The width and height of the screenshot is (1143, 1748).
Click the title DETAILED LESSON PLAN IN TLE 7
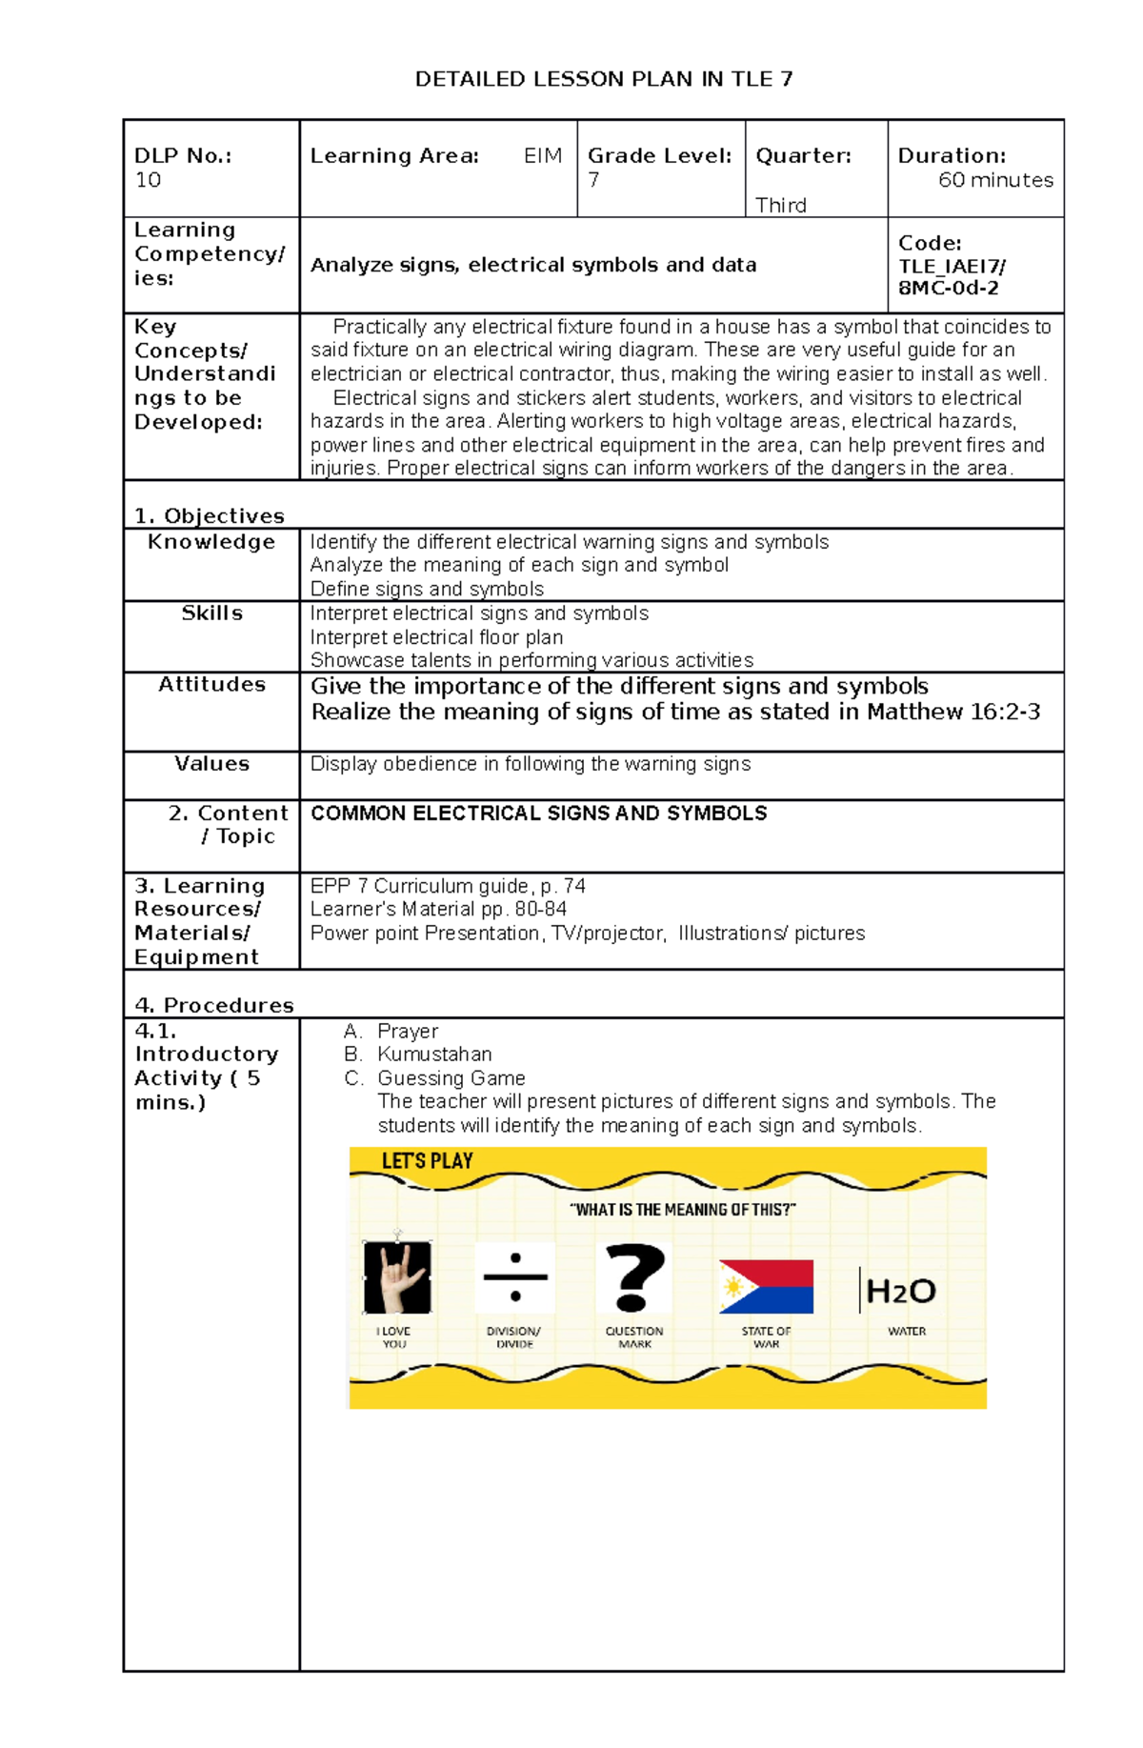point(603,79)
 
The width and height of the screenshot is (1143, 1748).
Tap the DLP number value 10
point(148,180)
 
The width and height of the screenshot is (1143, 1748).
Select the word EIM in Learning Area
point(543,155)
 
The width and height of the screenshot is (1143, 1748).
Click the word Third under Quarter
point(780,205)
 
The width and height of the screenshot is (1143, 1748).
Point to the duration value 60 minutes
point(995,180)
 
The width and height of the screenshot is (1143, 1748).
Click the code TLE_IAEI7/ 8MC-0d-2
point(951,277)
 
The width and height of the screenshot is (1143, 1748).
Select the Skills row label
point(211,613)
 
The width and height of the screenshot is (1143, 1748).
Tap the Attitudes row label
point(211,684)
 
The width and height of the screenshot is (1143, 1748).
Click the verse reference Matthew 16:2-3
point(952,712)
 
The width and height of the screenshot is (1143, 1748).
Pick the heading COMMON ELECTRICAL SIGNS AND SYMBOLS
point(538,813)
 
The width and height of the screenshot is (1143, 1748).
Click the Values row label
point(211,764)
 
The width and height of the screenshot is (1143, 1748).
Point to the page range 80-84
point(540,909)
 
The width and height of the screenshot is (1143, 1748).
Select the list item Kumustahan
point(434,1054)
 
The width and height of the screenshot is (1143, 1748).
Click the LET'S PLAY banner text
point(427,1160)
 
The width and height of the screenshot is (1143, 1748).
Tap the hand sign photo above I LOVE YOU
point(397,1277)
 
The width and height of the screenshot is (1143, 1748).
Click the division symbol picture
point(515,1277)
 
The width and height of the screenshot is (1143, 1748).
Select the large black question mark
point(635,1277)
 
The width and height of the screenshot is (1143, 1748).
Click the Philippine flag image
point(766,1286)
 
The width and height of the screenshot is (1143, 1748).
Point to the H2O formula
point(900,1291)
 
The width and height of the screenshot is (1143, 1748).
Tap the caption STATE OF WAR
point(766,1337)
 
